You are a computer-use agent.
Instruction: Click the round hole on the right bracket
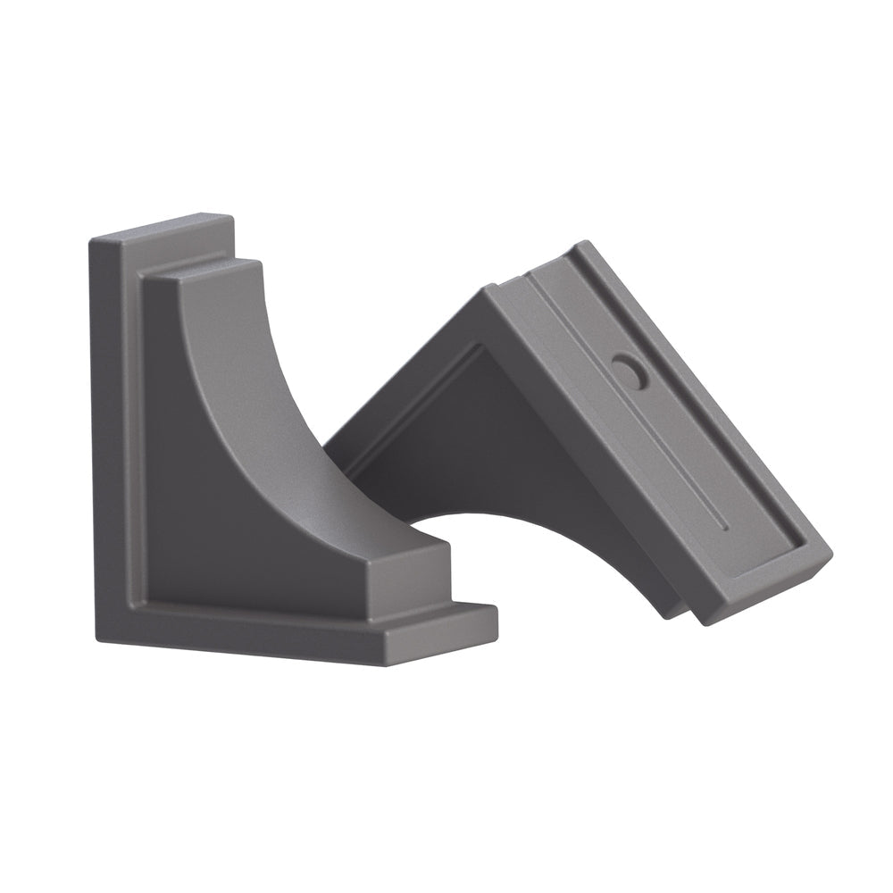(630, 371)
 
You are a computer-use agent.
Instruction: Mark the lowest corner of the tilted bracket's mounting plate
(705, 622)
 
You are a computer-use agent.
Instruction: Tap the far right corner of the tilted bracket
(830, 554)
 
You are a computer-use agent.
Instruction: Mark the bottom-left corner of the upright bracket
(96, 636)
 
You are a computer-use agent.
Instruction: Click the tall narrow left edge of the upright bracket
(105, 438)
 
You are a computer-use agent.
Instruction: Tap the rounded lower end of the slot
(725, 527)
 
